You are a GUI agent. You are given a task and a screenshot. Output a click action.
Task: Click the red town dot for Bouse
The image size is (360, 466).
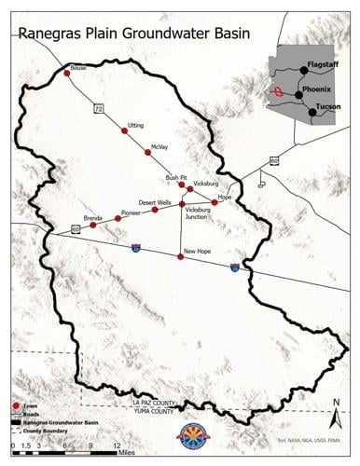(x=67, y=72)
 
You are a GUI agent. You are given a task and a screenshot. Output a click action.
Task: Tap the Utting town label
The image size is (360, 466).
(x=136, y=124)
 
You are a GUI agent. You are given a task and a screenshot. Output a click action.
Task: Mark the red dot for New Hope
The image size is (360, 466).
(x=180, y=257)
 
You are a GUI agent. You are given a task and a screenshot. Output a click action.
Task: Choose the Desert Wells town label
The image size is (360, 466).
(x=155, y=201)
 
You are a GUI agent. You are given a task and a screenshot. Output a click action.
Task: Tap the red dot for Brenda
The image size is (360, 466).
(x=93, y=226)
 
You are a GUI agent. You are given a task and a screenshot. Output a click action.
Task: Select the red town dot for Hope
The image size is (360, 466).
(x=215, y=203)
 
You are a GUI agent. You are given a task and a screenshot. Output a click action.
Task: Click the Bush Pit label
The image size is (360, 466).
(x=176, y=176)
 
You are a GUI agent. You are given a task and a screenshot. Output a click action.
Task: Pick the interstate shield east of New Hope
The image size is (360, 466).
(x=235, y=267)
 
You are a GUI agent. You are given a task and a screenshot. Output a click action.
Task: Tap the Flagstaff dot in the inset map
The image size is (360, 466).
(x=304, y=70)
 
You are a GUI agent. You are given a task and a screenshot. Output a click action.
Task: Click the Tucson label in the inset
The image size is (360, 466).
(x=328, y=107)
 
